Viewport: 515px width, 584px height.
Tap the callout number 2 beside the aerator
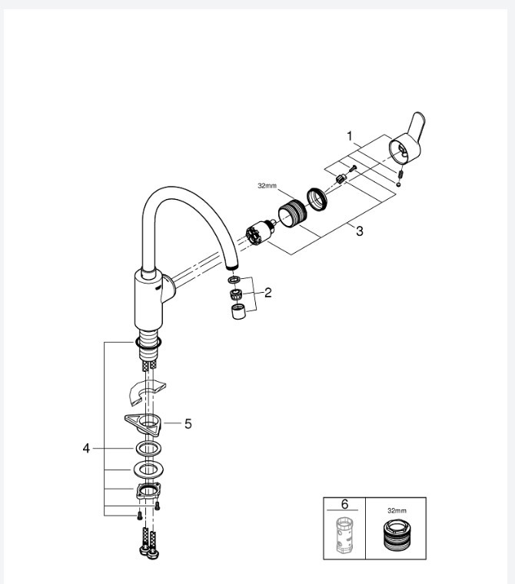click(267, 292)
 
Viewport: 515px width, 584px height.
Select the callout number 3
click(359, 231)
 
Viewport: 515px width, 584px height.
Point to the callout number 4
click(86, 447)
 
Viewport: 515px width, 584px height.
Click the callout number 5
click(188, 423)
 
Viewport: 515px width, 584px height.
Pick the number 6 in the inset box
click(344, 504)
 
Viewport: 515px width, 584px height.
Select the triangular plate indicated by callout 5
click(146, 422)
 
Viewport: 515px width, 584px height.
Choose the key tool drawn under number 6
click(344, 536)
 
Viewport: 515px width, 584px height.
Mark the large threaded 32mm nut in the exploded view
click(292, 212)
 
